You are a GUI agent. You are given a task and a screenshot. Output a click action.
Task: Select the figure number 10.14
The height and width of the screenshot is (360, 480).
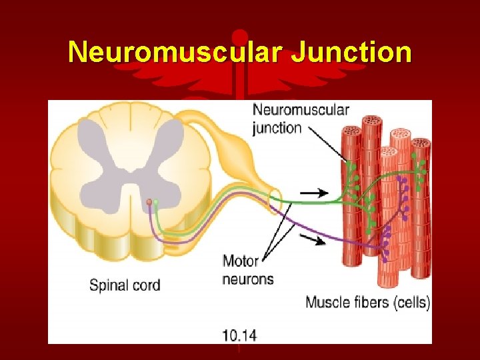tap(239, 335)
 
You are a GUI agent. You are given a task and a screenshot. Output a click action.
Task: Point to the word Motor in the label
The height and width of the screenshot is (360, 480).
tap(240, 261)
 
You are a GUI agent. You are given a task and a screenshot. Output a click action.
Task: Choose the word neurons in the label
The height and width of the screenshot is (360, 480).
tap(247, 279)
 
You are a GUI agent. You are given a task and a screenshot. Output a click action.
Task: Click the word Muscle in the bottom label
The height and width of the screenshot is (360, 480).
tap(327, 302)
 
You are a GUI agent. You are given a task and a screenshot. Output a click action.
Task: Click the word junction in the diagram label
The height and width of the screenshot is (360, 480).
tap(277, 127)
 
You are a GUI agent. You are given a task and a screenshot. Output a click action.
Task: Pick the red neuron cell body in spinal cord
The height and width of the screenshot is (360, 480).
tap(149, 202)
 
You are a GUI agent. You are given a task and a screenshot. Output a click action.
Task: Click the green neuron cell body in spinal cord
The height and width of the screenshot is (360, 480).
tap(156, 201)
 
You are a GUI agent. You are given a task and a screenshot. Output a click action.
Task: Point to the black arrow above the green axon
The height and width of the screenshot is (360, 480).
tap(314, 193)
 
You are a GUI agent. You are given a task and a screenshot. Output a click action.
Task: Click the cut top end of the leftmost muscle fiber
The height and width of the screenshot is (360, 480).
tap(351, 131)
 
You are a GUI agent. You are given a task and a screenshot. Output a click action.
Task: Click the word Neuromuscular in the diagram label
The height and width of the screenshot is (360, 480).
tap(301, 110)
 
